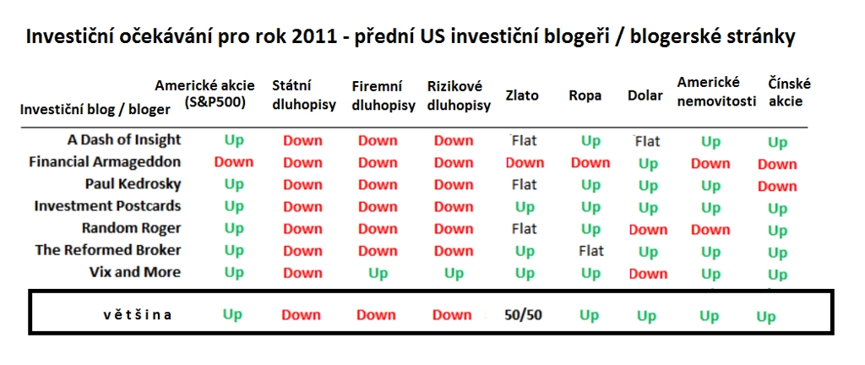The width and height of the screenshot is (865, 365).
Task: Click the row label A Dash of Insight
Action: pyautogui.click(x=124, y=140)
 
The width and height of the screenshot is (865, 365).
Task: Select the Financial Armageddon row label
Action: pyautogui.click(x=105, y=162)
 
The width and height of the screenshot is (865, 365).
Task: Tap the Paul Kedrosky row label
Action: pyautogui.click(x=133, y=184)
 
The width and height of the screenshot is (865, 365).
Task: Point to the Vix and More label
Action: pyautogui.click(x=135, y=272)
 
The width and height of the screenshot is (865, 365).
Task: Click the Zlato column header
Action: pyautogui.click(x=522, y=95)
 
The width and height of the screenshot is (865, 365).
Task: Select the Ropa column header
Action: pyautogui.click(x=585, y=96)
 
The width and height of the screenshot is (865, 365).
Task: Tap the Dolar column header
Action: pyautogui.click(x=645, y=95)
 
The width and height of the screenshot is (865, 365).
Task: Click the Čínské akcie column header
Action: pyautogui.click(x=790, y=93)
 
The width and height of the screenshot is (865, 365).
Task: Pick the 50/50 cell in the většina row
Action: pyautogui.click(x=524, y=315)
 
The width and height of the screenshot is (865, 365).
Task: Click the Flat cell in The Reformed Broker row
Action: pyautogui.click(x=591, y=252)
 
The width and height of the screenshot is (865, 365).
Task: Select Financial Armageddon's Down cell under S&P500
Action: pyautogui.click(x=234, y=163)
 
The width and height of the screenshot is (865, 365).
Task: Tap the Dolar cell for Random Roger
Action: pyautogui.click(x=648, y=229)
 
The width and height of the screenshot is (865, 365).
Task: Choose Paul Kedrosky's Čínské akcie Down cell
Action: pyautogui.click(x=777, y=187)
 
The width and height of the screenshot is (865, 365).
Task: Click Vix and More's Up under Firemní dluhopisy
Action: pyautogui.click(x=378, y=274)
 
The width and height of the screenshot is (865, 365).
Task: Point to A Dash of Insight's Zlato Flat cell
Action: pyautogui.click(x=524, y=140)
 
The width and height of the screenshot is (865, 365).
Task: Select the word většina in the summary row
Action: pyautogui.click(x=138, y=315)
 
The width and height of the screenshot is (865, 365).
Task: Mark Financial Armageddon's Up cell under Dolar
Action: pyautogui.click(x=648, y=164)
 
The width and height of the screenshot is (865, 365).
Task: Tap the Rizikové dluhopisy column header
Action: pyautogui.click(x=459, y=96)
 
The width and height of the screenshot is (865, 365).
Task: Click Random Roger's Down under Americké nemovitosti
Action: pyautogui.click(x=710, y=229)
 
